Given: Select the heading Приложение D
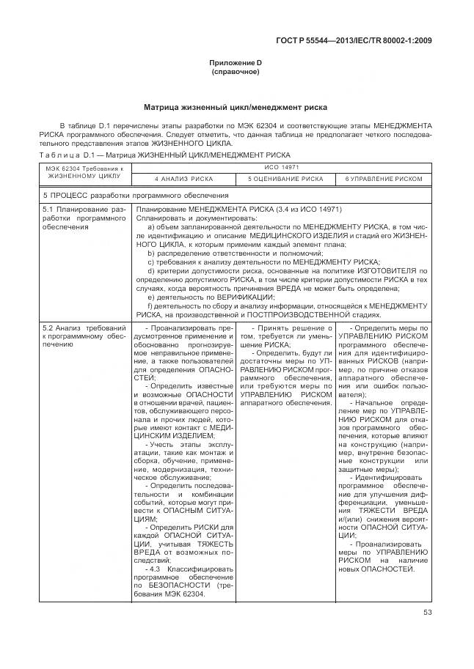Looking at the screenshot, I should [236, 64].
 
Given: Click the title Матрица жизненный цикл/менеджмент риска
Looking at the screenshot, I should [236, 107].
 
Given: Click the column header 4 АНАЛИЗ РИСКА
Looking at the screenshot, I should [183, 179].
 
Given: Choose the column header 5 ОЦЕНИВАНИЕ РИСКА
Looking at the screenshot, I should [285, 179].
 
